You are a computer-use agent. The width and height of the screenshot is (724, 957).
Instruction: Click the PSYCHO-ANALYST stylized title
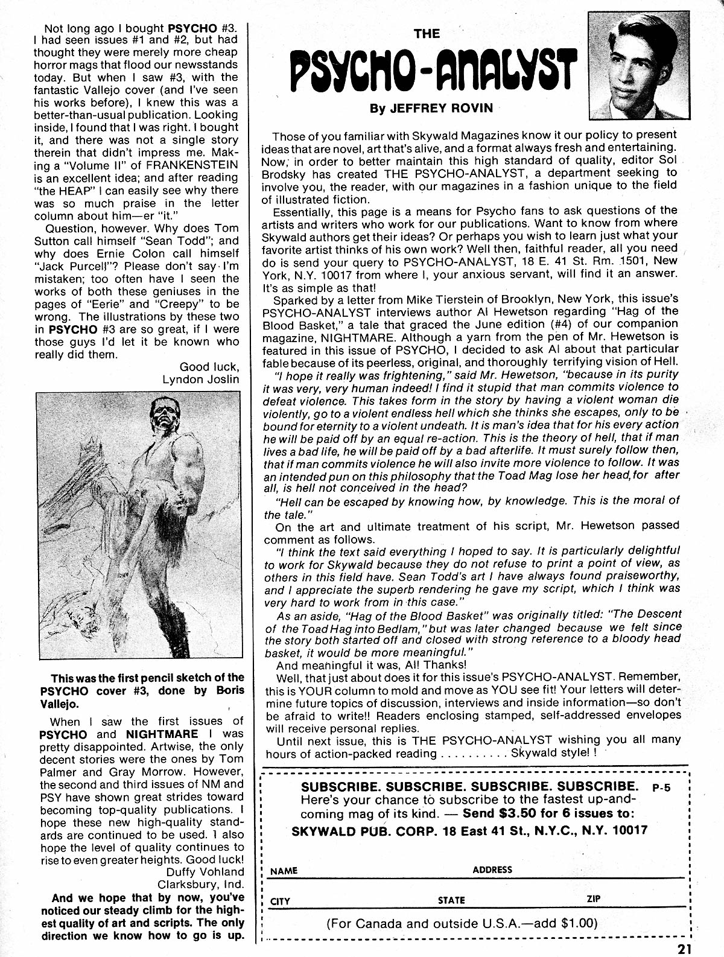pos(431,72)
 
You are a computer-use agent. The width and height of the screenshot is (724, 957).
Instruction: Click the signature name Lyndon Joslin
pos(200,379)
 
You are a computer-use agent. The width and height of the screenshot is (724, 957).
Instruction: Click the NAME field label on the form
pos(284,871)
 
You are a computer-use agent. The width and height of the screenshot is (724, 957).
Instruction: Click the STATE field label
pos(452,900)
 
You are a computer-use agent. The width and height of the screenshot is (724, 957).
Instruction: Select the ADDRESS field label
pos(492,870)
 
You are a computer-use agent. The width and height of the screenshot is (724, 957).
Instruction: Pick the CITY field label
pos(281,901)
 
